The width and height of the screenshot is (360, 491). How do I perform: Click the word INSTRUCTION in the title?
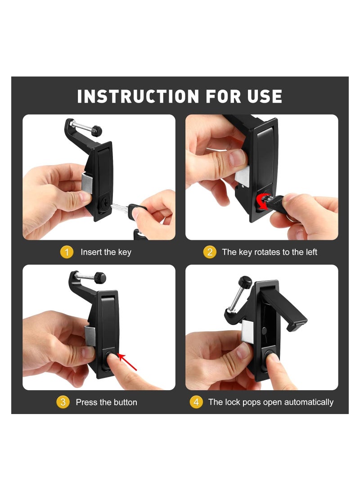(x=138, y=97)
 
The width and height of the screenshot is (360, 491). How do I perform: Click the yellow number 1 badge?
(x=67, y=252)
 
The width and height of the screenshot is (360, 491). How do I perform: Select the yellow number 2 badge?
(x=210, y=252)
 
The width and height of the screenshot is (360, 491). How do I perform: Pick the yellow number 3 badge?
(x=63, y=402)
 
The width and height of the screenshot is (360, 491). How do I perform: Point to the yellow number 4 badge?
(x=196, y=402)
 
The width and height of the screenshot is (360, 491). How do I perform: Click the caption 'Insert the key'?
(x=106, y=252)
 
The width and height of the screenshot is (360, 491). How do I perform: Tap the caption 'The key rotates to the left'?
(x=270, y=252)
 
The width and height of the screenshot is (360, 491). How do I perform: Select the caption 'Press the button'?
(x=106, y=402)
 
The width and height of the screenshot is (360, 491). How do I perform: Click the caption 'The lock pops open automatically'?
(x=271, y=402)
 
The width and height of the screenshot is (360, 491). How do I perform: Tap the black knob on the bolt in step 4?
(x=245, y=281)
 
